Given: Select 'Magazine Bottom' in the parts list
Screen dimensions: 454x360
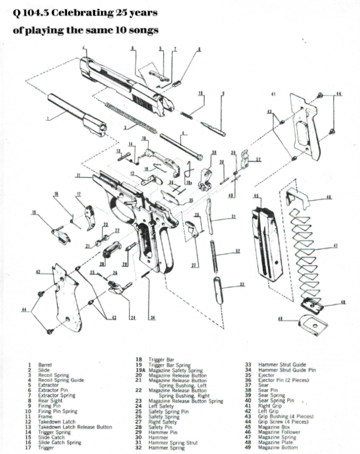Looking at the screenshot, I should (277, 448).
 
